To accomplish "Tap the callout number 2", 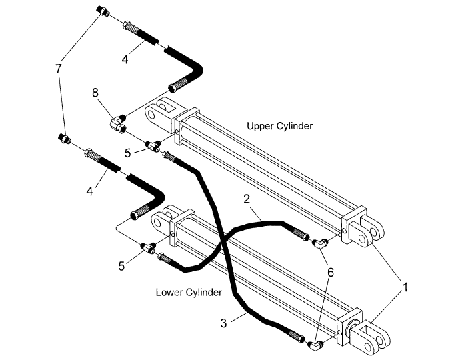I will click(247, 199).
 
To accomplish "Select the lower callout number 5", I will click(121, 266).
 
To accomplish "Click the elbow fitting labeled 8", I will click(119, 124).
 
